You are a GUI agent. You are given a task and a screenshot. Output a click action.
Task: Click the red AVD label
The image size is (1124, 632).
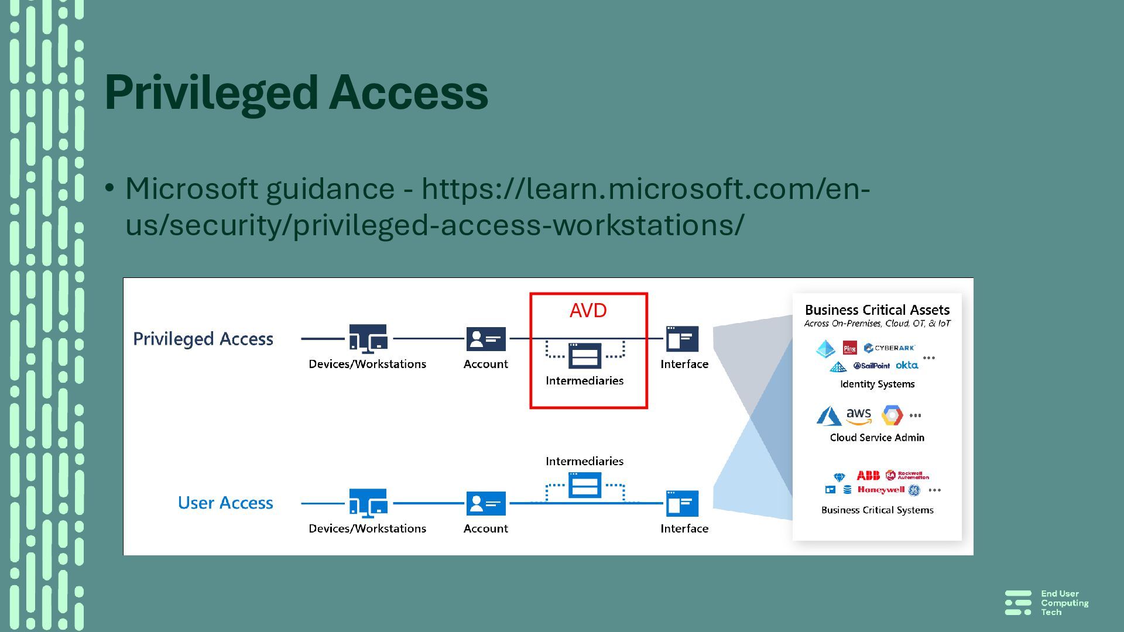(x=588, y=311)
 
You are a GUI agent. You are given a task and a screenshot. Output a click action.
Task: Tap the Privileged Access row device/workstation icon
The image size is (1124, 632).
(x=368, y=339)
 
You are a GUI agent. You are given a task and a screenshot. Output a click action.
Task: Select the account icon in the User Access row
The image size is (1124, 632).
(x=486, y=503)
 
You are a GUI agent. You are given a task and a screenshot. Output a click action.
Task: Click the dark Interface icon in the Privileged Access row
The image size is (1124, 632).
(x=682, y=339)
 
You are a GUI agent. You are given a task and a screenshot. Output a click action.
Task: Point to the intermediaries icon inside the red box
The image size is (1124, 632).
(x=584, y=355)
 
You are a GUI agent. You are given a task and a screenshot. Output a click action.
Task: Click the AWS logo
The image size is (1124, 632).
(x=859, y=416)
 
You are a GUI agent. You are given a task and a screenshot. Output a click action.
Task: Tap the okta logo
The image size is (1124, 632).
(x=907, y=365)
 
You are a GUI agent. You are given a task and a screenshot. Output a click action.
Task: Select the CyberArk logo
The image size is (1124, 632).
(x=889, y=348)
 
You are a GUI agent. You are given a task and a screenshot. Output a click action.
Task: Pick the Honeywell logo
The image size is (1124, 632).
(x=880, y=490)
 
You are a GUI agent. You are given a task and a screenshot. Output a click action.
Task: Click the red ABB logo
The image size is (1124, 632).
(x=868, y=475)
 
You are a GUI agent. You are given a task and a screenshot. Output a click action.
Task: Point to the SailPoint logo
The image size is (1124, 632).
(x=871, y=366)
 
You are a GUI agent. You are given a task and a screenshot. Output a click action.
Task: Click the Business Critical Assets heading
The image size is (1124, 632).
(x=877, y=310)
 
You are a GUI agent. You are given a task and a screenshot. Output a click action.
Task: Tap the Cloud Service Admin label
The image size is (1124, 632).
(x=877, y=438)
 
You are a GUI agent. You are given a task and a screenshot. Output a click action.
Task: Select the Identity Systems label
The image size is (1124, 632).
(x=877, y=384)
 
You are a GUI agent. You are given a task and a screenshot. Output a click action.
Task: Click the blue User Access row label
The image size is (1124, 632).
(x=225, y=503)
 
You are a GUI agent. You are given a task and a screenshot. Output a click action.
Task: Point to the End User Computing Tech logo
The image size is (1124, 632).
(x=1047, y=603)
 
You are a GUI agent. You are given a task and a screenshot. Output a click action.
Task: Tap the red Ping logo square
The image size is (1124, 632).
(x=849, y=348)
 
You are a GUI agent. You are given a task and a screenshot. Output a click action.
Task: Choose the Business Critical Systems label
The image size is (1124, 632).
(x=877, y=510)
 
